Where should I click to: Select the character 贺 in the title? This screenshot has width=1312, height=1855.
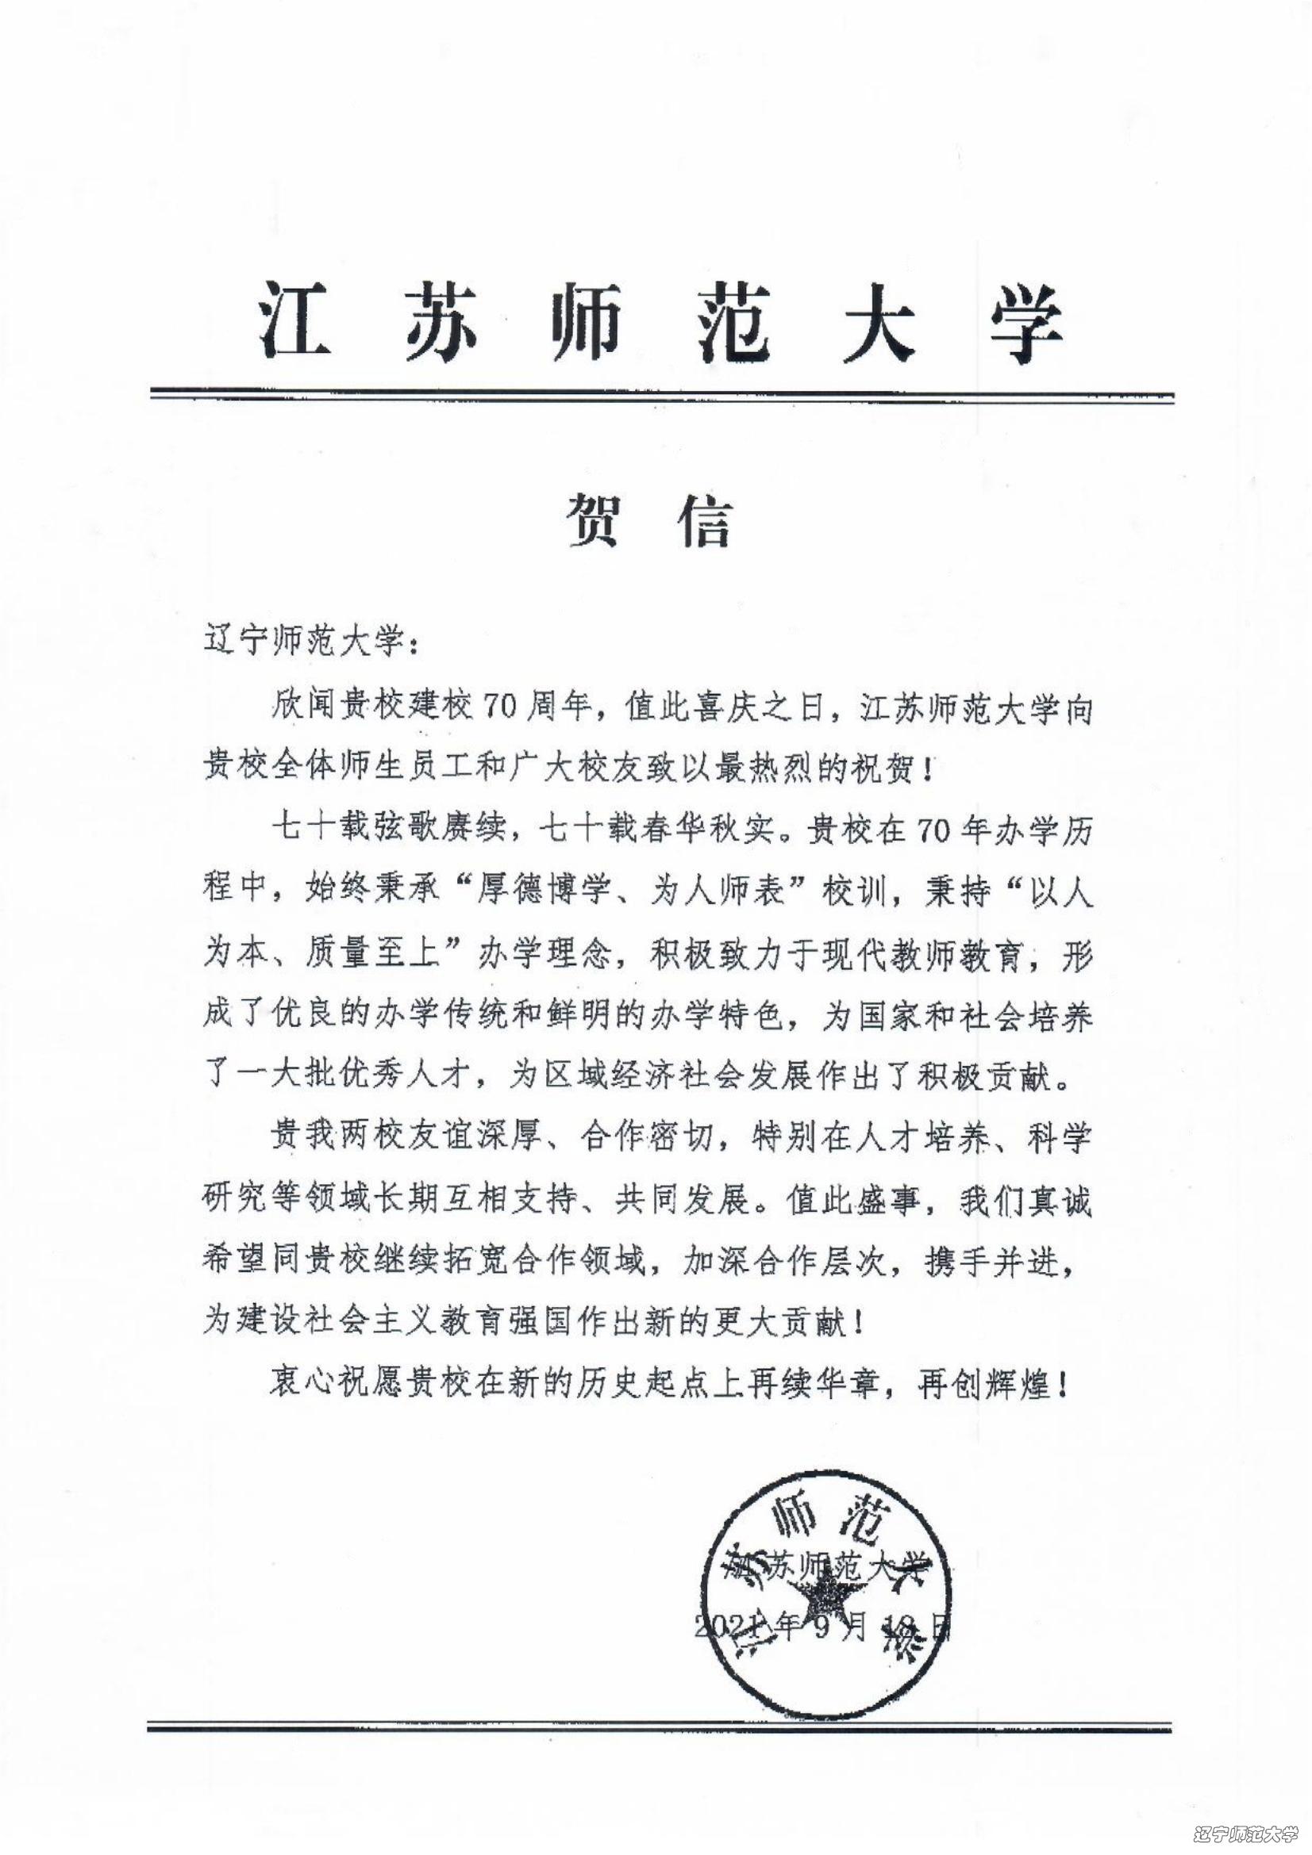point(598,520)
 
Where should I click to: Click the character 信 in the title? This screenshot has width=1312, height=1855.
point(702,520)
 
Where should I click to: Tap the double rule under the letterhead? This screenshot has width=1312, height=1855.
point(660,396)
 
